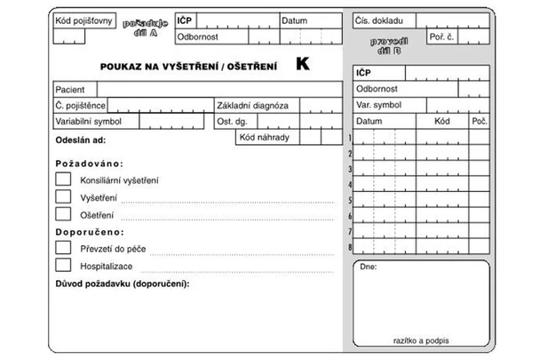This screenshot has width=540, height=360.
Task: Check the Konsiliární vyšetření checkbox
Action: (x=63, y=179)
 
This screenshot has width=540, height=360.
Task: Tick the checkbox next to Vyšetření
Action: (x=63, y=196)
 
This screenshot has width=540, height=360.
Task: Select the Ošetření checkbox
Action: (x=63, y=213)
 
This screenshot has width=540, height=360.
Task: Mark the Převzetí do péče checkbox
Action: (x=63, y=248)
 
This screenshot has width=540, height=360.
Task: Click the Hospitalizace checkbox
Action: (x=63, y=265)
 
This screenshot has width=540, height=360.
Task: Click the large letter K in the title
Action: (x=304, y=65)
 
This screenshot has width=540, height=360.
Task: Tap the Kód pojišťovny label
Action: (x=84, y=20)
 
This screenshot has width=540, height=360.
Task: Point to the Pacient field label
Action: (x=70, y=90)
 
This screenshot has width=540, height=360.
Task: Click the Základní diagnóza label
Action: (x=252, y=105)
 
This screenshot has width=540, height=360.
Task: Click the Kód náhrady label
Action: (x=264, y=137)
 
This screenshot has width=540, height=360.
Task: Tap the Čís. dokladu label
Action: (x=380, y=20)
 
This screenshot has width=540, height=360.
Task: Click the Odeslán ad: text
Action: (x=81, y=141)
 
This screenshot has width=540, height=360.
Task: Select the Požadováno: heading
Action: (x=89, y=164)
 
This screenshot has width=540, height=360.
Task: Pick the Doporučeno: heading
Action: (x=89, y=232)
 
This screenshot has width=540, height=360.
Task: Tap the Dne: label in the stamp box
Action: (x=369, y=267)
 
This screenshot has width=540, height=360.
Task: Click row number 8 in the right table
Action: (x=351, y=247)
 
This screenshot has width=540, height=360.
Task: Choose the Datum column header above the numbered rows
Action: (x=369, y=120)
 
